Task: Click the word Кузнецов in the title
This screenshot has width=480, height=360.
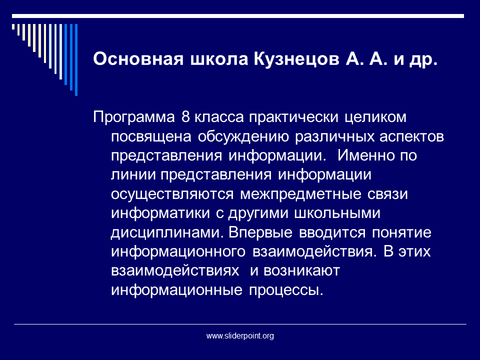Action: click(x=296, y=59)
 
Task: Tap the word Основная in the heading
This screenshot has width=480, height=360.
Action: click(x=138, y=59)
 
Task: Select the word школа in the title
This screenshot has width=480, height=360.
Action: click(x=219, y=59)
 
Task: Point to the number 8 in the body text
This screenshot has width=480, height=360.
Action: click(x=185, y=117)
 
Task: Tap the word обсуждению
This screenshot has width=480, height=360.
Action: click(x=243, y=137)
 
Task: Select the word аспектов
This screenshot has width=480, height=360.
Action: click(x=411, y=137)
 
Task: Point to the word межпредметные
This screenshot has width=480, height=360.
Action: click(x=300, y=194)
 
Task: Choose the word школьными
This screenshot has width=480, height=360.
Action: click(x=337, y=213)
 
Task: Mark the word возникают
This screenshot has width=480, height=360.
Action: click(x=302, y=271)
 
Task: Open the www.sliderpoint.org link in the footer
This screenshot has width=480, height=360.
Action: click(x=240, y=336)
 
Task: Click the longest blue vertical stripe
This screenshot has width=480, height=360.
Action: click(x=76, y=60)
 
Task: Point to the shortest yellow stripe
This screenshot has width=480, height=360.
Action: click(x=13, y=27)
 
